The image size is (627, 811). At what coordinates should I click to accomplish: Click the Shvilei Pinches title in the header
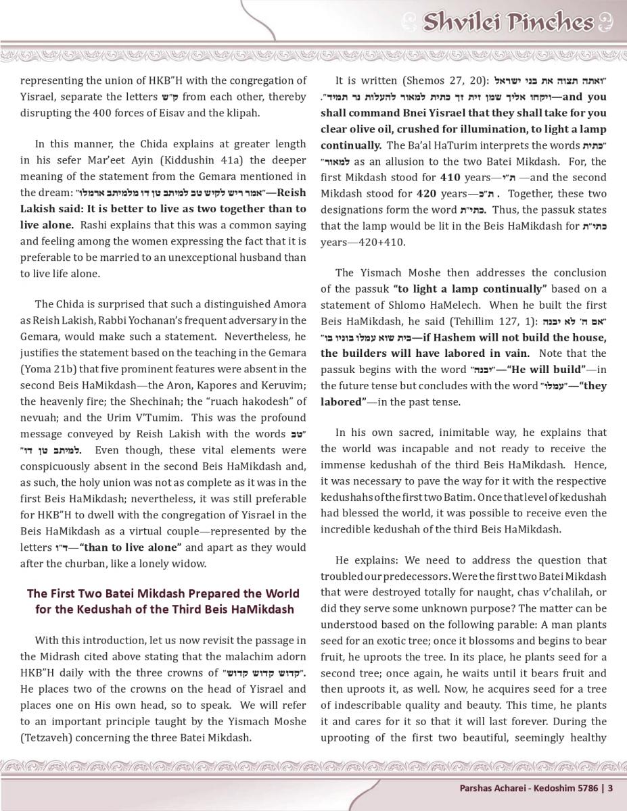[x=507, y=22]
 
